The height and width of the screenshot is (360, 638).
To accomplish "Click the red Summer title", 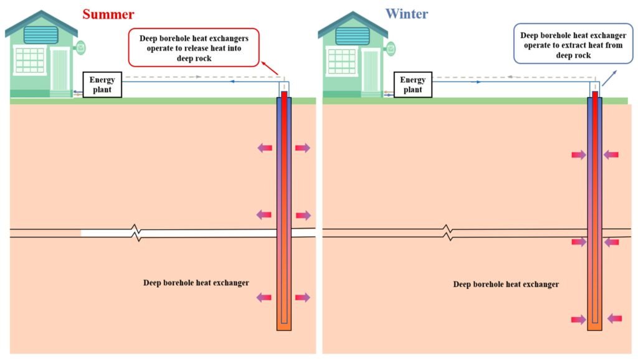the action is (108, 14).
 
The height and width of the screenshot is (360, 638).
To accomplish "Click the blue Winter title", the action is (407, 14).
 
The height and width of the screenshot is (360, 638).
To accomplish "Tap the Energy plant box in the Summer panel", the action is (102, 85).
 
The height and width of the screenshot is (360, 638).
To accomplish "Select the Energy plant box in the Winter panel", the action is (412, 85).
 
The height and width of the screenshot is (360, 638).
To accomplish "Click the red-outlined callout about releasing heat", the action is (194, 47).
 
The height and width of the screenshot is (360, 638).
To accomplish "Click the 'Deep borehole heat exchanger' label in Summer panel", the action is (196, 283).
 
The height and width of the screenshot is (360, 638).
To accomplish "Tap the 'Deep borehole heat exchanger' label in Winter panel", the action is (506, 285).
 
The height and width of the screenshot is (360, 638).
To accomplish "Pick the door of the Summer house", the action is (60, 70).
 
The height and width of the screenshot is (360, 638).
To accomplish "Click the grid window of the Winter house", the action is (342, 62).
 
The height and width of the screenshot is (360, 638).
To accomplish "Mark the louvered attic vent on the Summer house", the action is (40, 35).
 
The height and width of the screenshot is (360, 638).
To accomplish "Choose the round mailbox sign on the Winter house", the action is (391, 49).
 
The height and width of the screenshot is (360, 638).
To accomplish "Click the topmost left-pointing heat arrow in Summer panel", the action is (265, 148).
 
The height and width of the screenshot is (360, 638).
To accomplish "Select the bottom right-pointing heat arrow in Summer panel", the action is (303, 298).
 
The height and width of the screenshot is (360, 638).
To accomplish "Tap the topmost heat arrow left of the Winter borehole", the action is (579, 154).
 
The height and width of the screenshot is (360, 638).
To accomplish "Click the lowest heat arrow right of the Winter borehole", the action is (614, 318).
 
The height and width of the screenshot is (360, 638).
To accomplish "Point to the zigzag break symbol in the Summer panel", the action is (136, 233).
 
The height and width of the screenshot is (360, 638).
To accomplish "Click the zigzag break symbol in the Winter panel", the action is (447, 233).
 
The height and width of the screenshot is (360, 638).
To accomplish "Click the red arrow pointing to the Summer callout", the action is (270, 68).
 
